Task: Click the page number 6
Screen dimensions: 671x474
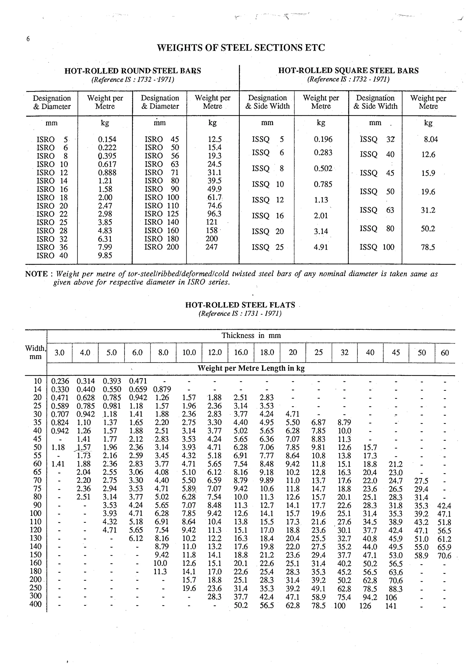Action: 28,39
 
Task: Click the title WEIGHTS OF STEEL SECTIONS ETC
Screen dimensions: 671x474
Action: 241,48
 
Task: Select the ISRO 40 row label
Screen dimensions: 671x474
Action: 52,255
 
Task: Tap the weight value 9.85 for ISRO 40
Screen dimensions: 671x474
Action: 105,255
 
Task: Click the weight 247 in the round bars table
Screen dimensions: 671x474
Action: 212,247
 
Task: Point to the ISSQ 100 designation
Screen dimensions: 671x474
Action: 377,247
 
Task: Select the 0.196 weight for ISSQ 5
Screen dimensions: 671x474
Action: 323,139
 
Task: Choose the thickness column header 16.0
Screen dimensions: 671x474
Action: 241,352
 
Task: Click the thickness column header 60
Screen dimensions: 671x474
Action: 445,353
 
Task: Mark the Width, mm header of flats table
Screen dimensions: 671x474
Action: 35,352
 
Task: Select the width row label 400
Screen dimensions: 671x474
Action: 35,604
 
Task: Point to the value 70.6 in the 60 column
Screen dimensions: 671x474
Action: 444,556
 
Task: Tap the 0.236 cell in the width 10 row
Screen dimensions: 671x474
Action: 60,381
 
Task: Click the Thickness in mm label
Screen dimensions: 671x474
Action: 251,335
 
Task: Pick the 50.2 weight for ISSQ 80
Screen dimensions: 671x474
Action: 428,229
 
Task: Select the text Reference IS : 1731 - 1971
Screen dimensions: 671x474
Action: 240,314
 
